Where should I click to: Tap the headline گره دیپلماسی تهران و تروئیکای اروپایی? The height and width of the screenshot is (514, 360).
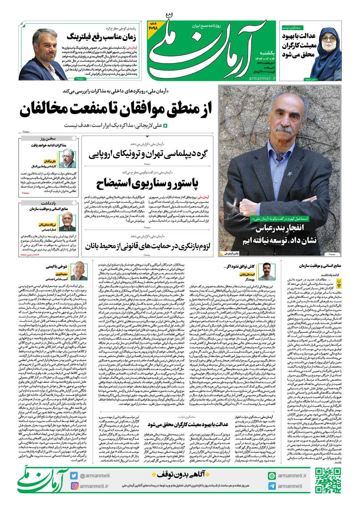click(x=149, y=154)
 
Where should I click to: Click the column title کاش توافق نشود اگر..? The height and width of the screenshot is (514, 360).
click(x=234, y=266)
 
